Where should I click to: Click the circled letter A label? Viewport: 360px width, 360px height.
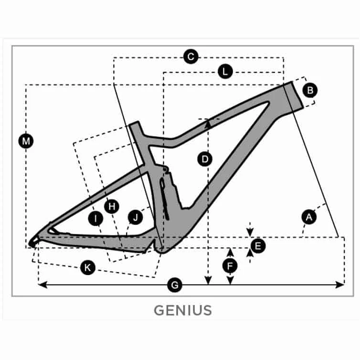tap(309, 217)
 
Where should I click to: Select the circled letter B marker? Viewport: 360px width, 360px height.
tap(310, 89)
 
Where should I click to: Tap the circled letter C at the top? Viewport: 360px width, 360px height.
tap(191, 57)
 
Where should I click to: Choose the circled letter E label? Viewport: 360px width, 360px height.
tap(258, 246)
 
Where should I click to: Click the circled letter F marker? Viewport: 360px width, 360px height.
tap(230, 265)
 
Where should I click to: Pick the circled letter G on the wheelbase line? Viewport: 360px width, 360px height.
tap(175, 285)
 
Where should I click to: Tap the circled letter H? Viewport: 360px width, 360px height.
tap(112, 206)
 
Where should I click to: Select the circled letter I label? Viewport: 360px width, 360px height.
tap(96, 219)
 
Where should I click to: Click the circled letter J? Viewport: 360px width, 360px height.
tap(136, 218)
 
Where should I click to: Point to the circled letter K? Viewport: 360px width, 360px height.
tap(87, 268)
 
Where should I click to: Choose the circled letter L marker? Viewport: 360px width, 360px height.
tap(225, 72)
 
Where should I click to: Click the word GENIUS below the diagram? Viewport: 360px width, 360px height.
tap(182, 310)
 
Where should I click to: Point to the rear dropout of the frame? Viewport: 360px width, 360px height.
tap(34, 242)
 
